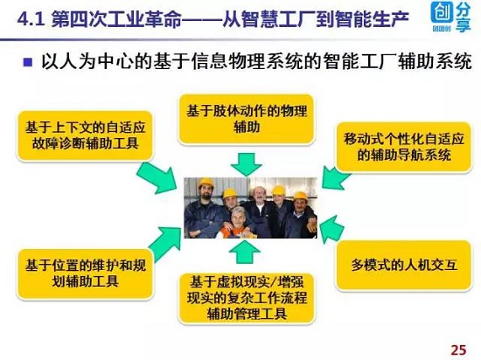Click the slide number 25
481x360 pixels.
(x=458, y=350)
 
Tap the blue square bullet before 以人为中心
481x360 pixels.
(x=28, y=62)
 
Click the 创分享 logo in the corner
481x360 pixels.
(x=450, y=17)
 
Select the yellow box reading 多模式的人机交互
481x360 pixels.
(x=403, y=266)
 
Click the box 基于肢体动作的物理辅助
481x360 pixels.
(x=247, y=119)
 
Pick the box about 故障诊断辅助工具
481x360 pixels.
(x=85, y=135)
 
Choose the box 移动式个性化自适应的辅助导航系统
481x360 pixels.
(x=403, y=147)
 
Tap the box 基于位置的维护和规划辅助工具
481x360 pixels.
(x=85, y=273)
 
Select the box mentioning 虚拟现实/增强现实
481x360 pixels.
(x=247, y=298)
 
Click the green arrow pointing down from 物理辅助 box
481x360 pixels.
(x=247, y=164)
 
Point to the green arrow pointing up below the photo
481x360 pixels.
(x=245, y=252)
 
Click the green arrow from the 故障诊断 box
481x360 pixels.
(x=157, y=178)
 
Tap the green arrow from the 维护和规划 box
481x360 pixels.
(x=164, y=244)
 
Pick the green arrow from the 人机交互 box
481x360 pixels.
(x=332, y=229)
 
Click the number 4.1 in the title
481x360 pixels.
(x=31, y=20)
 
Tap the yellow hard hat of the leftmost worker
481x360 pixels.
(x=206, y=183)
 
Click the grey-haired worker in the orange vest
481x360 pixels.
(x=236, y=223)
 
